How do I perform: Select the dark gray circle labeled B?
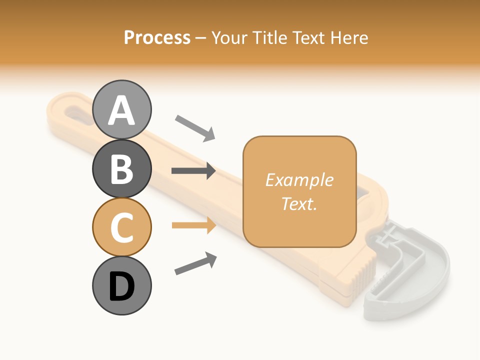[122, 168]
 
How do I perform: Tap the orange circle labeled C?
[122, 227]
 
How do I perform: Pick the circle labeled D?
[122, 286]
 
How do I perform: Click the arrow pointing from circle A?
[194, 127]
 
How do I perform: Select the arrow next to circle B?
[193, 171]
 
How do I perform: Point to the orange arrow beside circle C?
[193, 225]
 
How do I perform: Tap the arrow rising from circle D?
[195, 263]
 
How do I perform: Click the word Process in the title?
[157, 37]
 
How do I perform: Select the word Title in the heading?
[268, 37]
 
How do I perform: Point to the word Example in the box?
[299, 180]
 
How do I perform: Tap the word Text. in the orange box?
[299, 203]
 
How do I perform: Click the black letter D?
[122, 287]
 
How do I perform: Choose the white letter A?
[122, 110]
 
